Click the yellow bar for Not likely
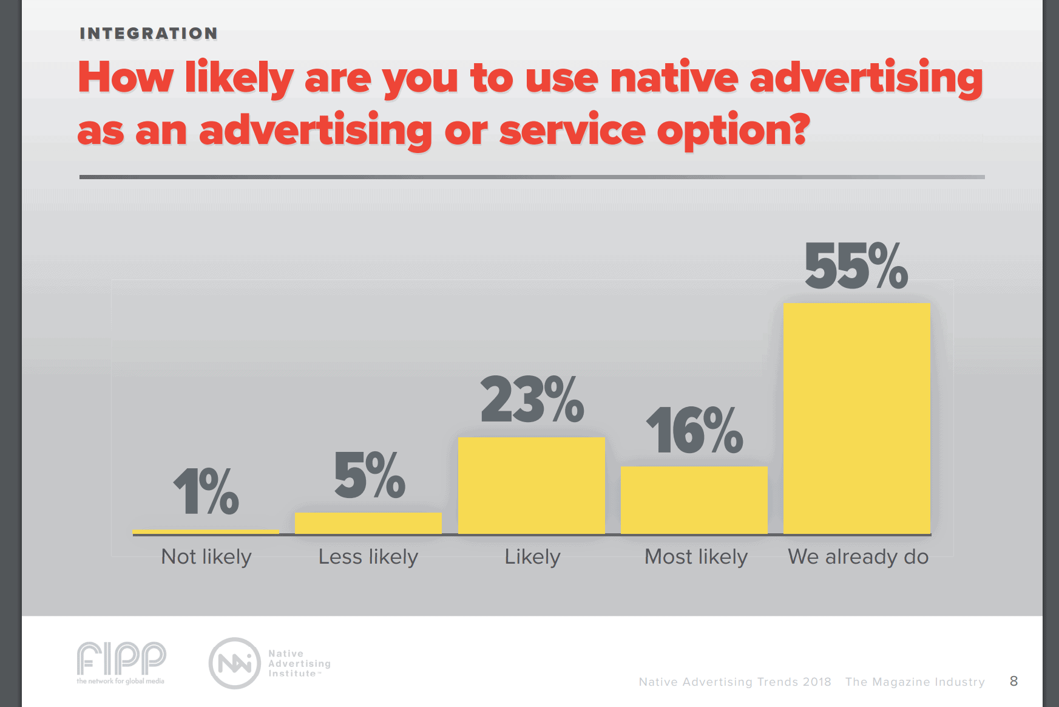coord(206,531)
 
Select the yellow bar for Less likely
coord(368,523)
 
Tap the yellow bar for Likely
coord(532,485)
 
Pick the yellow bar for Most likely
coord(694,500)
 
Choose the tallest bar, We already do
coord(857,418)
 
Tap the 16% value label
coord(694,431)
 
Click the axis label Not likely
coord(206,556)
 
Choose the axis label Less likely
coord(368,556)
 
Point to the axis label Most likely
coord(695,556)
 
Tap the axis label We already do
coord(858,556)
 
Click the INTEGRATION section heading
coord(149,33)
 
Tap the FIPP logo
coord(121,661)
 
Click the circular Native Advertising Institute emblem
coord(235,663)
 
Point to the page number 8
coord(1013,681)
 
